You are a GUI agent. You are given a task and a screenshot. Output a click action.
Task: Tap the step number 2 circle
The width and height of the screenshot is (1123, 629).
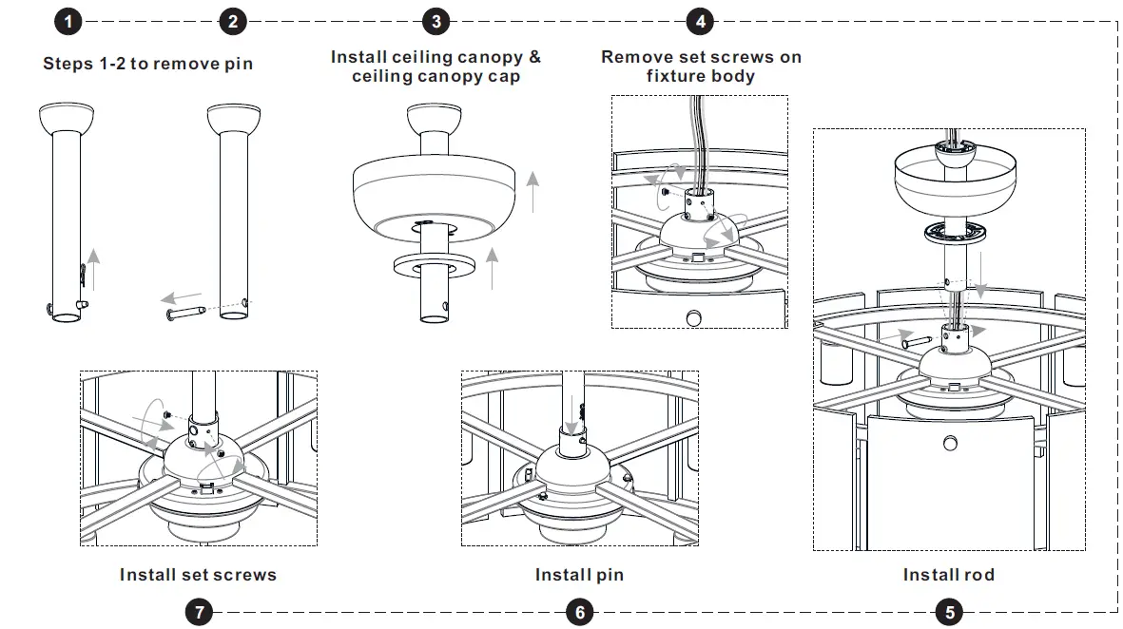click(233, 22)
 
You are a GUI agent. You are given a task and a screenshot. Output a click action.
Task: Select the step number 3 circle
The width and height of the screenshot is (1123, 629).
click(436, 22)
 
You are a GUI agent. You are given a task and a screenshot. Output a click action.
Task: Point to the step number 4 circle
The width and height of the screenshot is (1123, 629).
click(700, 22)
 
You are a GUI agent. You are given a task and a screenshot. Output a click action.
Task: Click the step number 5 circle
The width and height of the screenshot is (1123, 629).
click(947, 611)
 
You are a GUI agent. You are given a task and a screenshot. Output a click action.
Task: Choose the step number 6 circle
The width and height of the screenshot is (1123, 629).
click(580, 611)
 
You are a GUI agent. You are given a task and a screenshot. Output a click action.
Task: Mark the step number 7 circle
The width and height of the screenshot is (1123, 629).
click(199, 611)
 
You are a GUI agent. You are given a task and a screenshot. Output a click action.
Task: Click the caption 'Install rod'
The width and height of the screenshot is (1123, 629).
click(948, 574)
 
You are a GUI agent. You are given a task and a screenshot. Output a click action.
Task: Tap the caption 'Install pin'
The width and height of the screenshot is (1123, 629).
click(579, 574)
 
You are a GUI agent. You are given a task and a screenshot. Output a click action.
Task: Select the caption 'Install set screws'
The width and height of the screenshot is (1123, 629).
click(198, 574)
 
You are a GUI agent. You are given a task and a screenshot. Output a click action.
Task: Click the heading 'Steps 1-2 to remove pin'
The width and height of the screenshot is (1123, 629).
click(147, 64)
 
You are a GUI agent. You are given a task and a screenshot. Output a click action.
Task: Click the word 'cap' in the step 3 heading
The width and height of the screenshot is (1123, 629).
click(501, 76)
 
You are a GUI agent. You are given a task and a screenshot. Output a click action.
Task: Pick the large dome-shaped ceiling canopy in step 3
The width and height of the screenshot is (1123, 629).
click(436, 195)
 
